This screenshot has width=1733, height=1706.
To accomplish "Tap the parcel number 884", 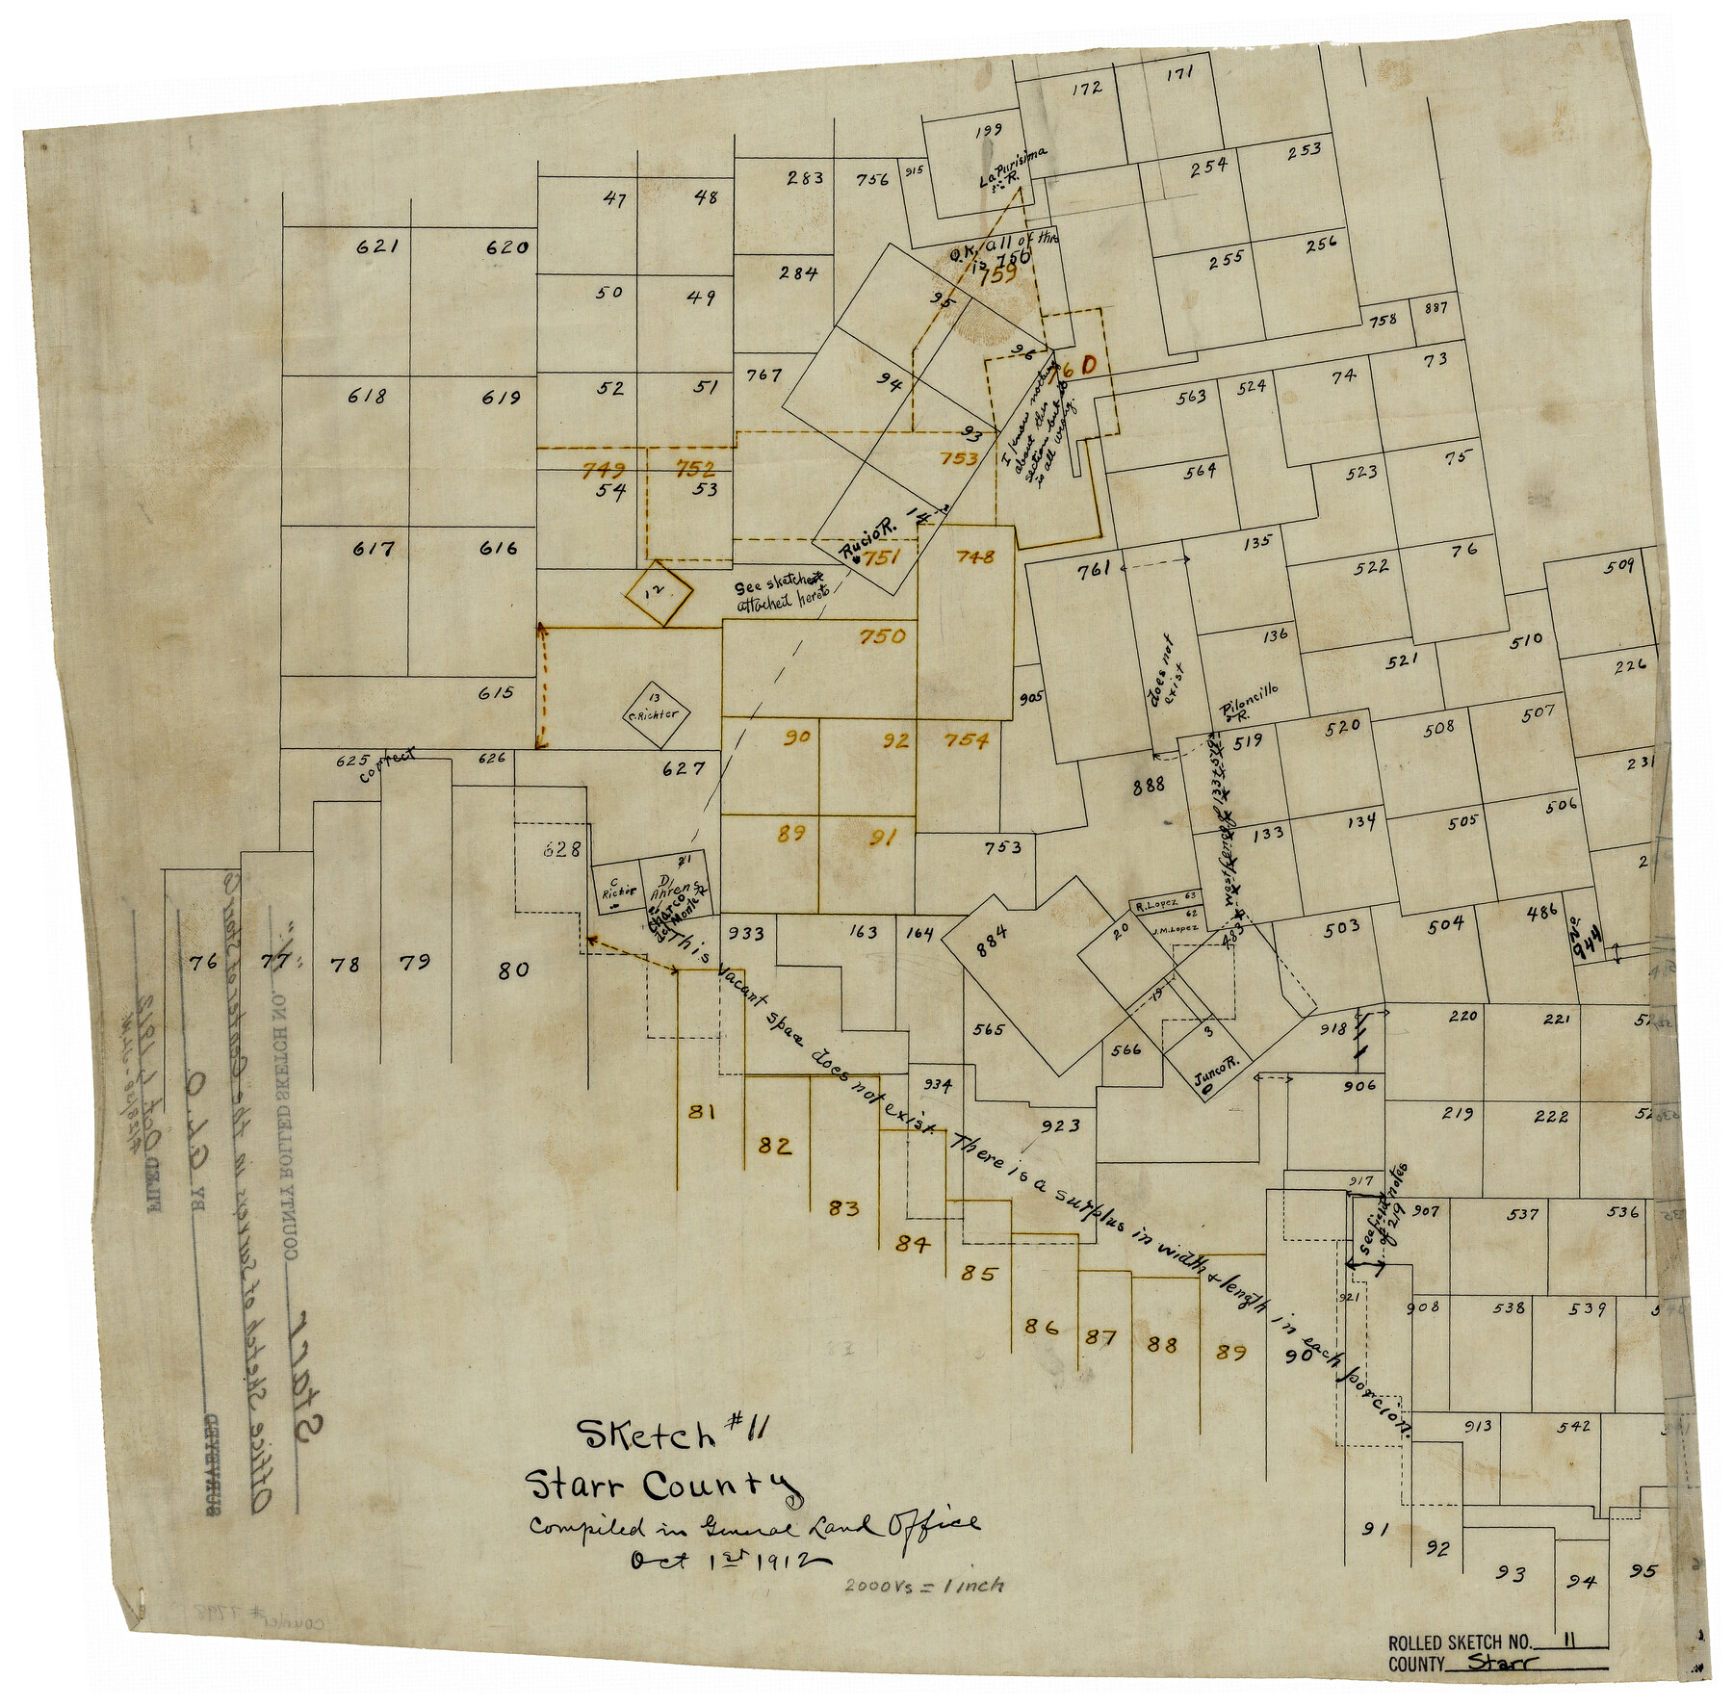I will click(x=991, y=933).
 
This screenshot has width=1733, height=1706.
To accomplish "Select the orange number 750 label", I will click(x=882, y=636).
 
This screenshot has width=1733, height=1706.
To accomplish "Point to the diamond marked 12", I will click(x=659, y=594).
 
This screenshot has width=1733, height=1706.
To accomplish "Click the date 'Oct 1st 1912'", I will click(x=717, y=1561).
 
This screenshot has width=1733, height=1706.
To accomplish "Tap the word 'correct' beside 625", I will click(x=388, y=766).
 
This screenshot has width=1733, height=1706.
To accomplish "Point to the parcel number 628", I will click(x=561, y=849).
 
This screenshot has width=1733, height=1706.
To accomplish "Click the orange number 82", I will click(x=775, y=1146).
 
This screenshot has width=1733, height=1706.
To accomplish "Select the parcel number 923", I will click(x=1060, y=1124).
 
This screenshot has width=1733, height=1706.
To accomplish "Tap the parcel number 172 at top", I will click(x=1086, y=89).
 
